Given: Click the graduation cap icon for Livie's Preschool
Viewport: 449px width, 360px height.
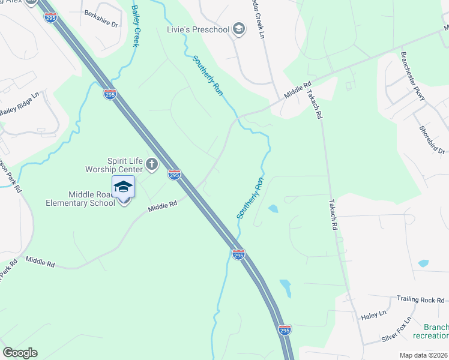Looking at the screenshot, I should point(239,29).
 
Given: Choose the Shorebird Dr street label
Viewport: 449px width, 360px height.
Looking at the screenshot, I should point(432,139).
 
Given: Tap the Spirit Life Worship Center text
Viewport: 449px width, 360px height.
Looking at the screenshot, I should point(124,164).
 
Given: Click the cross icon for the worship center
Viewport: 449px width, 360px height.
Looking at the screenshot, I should point(152,164).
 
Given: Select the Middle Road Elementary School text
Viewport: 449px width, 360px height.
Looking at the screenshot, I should point(82,199).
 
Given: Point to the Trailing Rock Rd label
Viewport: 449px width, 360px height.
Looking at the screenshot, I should point(420,299).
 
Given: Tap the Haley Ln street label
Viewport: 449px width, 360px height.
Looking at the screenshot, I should point(373,314).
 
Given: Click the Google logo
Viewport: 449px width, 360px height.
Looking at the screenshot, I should point(20,352).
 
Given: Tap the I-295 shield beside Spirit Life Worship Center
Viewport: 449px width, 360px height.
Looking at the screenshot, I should point(174,175).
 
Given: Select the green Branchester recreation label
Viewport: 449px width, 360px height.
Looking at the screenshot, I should point(436,331).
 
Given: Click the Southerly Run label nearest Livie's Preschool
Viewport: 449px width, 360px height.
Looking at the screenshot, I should point(208,76).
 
